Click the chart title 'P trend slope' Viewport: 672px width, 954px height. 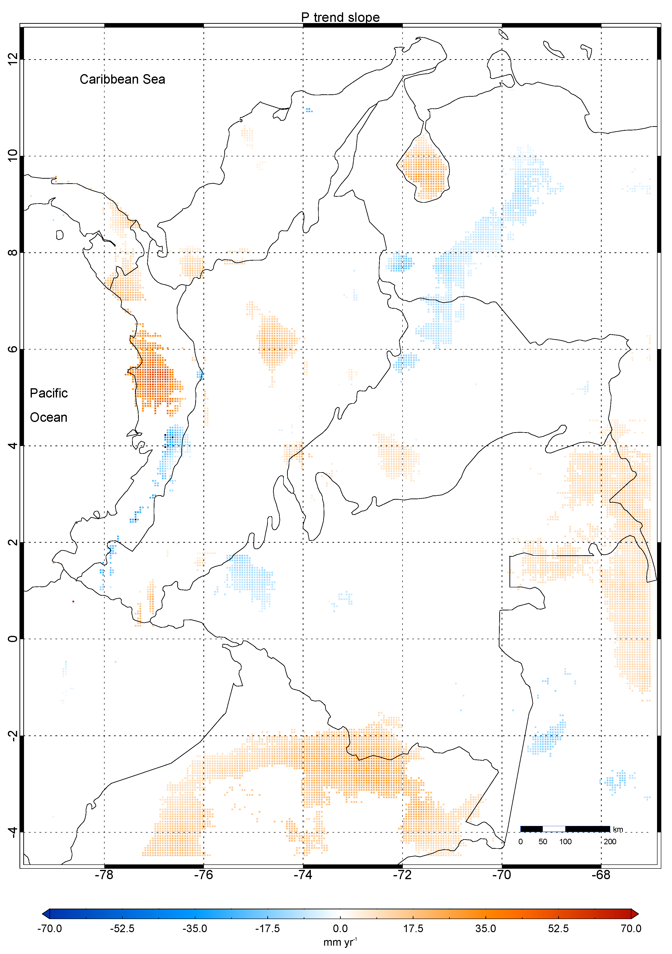[x=340, y=17]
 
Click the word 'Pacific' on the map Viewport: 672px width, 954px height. [x=49, y=393]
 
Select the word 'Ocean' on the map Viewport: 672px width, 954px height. [x=49, y=417]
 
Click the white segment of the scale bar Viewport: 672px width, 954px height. [x=554, y=829]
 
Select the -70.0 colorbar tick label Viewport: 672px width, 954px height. [x=49, y=928]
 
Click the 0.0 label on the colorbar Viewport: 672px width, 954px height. [x=340, y=928]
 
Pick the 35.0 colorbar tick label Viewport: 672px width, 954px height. [x=485, y=928]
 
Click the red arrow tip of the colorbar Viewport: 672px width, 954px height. [x=635, y=913]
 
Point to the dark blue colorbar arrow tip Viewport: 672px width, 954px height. [x=46, y=913]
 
